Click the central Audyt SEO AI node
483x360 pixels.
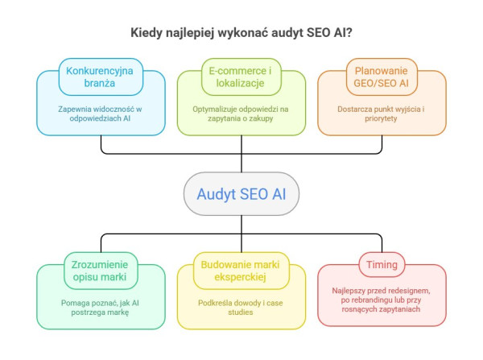(241, 193)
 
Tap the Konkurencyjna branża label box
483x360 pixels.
(101, 75)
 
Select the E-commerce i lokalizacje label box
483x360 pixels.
(242, 75)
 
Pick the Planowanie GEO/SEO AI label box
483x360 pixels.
(382, 75)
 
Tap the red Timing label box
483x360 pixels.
(382, 263)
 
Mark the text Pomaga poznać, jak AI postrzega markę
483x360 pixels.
(101, 307)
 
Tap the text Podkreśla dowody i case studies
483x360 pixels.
(242, 307)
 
